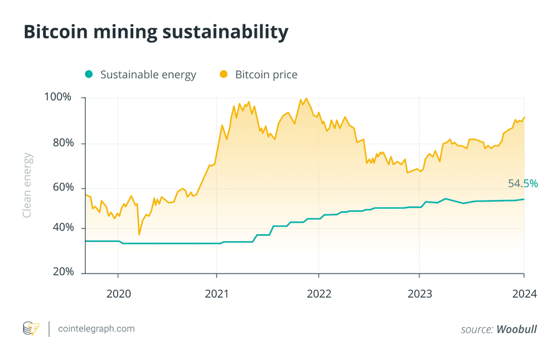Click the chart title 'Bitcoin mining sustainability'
point(156,32)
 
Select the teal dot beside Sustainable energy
point(89,75)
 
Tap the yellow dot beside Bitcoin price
point(223,75)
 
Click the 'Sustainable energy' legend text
point(148,75)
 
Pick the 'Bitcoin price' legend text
point(266,75)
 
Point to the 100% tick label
point(58,98)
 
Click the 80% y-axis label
point(60,143)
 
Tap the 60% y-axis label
point(60,188)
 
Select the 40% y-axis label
point(60,228)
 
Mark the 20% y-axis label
point(60,272)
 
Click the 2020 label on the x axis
point(118,293)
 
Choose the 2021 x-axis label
point(217,293)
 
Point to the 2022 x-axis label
point(319,293)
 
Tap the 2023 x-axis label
point(420,293)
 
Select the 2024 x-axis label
point(524,293)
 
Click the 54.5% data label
point(523,184)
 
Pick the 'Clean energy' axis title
point(27,185)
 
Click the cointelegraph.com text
point(96,328)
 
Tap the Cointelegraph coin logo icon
point(30,328)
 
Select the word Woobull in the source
point(516,330)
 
